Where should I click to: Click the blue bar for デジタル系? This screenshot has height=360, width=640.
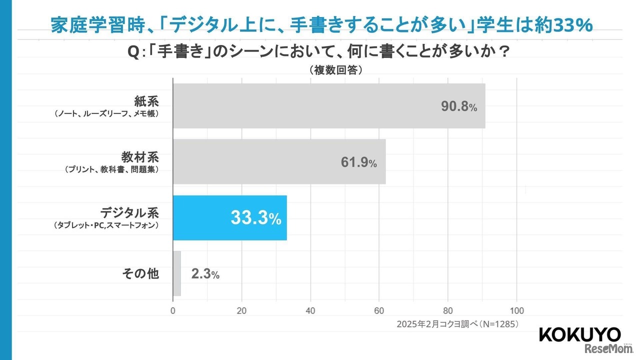[229, 217]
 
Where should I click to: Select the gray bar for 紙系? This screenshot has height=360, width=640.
[328, 105]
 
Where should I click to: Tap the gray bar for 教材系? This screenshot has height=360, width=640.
[279, 161]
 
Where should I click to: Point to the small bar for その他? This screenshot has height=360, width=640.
[176, 273]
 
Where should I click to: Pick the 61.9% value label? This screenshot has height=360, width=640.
[358, 162]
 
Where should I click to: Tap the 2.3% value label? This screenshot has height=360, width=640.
[205, 274]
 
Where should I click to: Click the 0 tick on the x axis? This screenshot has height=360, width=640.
[173, 309]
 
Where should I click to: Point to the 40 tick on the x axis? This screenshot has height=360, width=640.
[310, 309]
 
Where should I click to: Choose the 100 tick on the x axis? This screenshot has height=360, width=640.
[516, 309]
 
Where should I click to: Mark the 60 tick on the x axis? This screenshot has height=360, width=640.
[379, 309]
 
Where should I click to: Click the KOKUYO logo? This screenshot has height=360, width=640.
[579, 335]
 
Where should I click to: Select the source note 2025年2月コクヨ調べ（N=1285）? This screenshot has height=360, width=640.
[457, 324]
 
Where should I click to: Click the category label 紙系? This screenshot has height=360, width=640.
[146, 101]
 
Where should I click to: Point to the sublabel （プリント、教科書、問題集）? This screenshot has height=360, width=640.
[111, 169]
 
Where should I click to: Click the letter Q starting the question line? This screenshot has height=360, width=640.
[133, 52]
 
